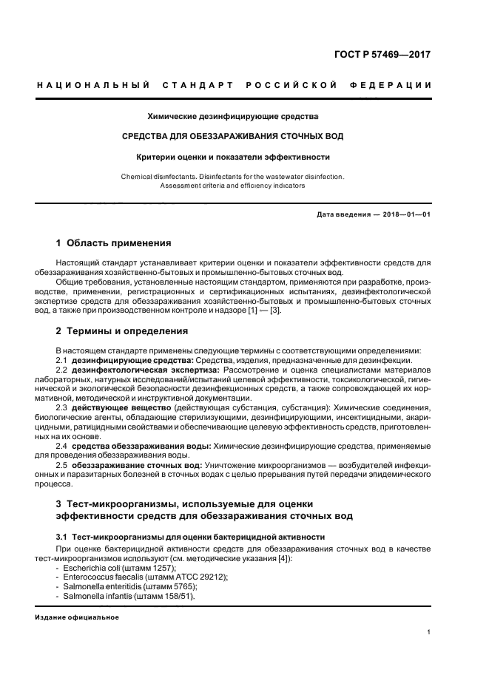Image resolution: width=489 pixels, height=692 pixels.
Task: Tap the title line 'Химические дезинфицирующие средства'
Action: pyautogui.click(x=233, y=116)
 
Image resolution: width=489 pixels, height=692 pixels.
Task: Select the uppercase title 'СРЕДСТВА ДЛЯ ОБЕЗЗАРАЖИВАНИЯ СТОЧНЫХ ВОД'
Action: pyautogui.click(x=232, y=137)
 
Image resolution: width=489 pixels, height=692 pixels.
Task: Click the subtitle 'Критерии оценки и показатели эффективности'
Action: pyautogui.click(x=232, y=157)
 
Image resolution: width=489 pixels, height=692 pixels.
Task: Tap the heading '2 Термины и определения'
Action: pyautogui.click(x=122, y=330)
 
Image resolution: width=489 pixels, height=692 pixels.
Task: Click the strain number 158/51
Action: pyautogui.click(x=178, y=596)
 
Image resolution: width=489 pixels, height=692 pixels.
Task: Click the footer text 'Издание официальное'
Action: pyautogui.click(x=76, y=617)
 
